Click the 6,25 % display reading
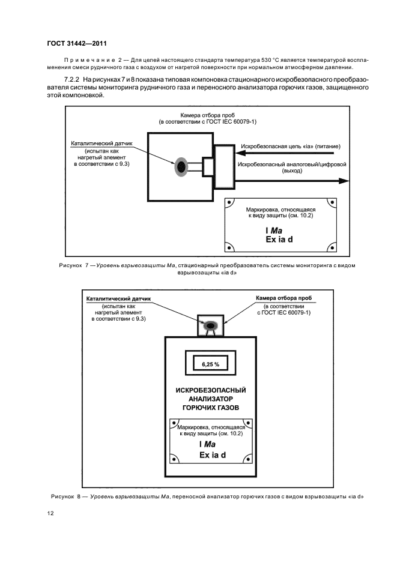(210, 364)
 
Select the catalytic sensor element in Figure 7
(181, 166)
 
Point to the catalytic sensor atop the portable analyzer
(211, 325)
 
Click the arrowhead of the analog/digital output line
(346, 180)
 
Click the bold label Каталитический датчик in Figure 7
(101, 144)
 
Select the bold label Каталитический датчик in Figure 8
(117, 298)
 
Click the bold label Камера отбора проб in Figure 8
(284, 298)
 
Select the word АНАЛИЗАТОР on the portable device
(210, 398)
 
